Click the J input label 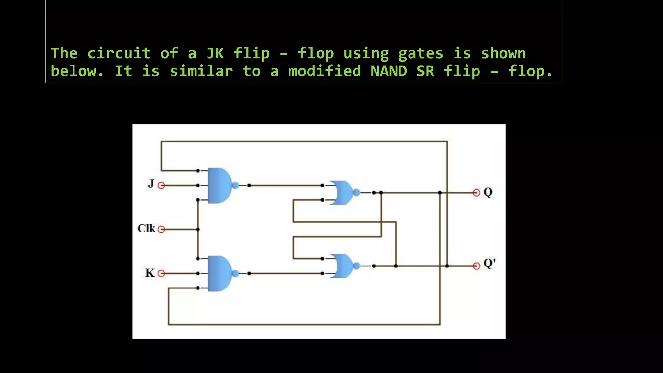[151, 184]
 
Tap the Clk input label [146, 228]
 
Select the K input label [150, 273]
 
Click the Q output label [488, 192]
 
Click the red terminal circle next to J [161, 185]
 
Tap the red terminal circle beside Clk [161, 229]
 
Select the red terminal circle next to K [161, 273]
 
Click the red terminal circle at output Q [476, 193]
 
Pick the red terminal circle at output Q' [476, 266]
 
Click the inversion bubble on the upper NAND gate [235, 185]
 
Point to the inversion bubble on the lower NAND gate [235, 273]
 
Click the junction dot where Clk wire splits [198, 229]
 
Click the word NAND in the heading [388, 71]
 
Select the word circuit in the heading [119, 53]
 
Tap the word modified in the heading [324, 71]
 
